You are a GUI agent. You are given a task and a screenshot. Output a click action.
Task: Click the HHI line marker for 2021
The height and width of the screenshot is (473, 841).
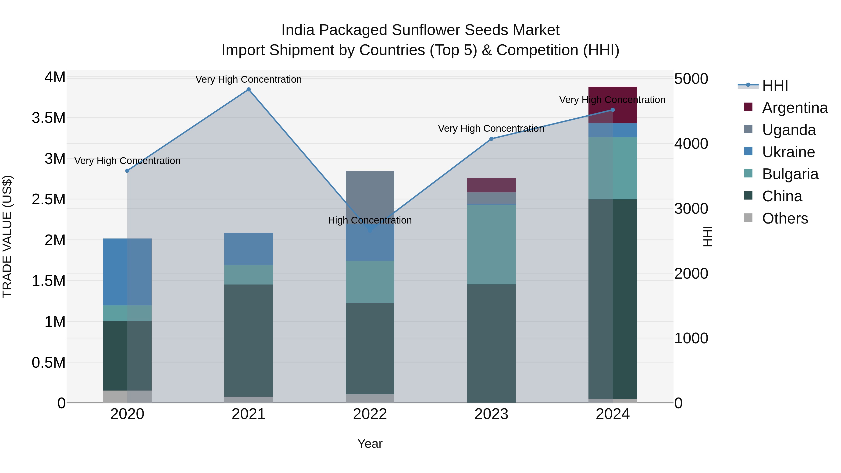click(249, 89)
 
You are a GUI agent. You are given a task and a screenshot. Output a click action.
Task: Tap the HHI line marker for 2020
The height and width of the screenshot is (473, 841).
click(127, 171)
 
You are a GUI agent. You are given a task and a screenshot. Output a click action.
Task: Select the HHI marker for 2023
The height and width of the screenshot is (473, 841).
click(491, 139)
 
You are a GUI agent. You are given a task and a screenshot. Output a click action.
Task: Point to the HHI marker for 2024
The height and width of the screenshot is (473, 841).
click(613, 110)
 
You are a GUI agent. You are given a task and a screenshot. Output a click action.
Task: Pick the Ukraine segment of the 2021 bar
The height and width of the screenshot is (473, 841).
click(249, 249)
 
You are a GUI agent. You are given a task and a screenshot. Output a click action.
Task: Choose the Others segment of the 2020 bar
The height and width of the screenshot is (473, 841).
click(127, 396)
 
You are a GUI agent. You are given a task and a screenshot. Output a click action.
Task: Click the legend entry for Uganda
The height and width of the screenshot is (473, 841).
click(788, 130)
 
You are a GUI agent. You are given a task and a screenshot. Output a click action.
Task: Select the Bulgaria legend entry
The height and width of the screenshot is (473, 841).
click(790, 174)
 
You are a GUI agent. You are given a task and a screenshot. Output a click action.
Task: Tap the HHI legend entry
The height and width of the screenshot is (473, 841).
click(774, 85)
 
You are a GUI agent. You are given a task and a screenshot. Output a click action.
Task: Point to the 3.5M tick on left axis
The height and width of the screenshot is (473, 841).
click(48, 118)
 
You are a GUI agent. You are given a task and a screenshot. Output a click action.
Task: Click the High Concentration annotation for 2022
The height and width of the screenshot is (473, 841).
click(370, 220)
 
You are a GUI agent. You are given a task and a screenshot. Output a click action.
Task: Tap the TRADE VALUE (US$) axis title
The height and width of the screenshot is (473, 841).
click(7, 236)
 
